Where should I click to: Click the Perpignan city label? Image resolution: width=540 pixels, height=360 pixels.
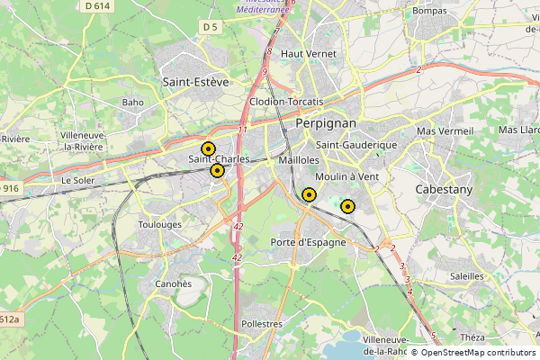[326, 123]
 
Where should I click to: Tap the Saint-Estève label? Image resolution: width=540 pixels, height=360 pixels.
[195, 81]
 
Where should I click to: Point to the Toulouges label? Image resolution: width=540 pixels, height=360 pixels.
[160, 224]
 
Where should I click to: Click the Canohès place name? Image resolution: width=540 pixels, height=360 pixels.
[173, 283]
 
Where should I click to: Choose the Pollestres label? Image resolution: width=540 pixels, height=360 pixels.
[263, 323]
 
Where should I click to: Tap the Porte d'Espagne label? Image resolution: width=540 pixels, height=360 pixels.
[308, 242]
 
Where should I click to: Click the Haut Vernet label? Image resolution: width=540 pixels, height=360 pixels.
[309, 54]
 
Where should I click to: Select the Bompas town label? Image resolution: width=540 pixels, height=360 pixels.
[429, 11]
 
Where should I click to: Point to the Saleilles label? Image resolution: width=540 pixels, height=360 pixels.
[465, 276]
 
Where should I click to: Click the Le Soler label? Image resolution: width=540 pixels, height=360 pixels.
[78, 180]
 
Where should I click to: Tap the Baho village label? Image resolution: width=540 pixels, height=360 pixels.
[133, 103]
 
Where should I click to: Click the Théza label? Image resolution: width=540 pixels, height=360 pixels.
[472, 337]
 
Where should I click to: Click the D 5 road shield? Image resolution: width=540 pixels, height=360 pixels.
[211, 28]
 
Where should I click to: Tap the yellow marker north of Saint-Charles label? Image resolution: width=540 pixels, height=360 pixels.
[208, 148]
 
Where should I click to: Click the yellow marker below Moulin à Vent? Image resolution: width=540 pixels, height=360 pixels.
[347, 206]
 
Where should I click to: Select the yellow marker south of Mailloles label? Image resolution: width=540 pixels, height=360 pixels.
[309, 194]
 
